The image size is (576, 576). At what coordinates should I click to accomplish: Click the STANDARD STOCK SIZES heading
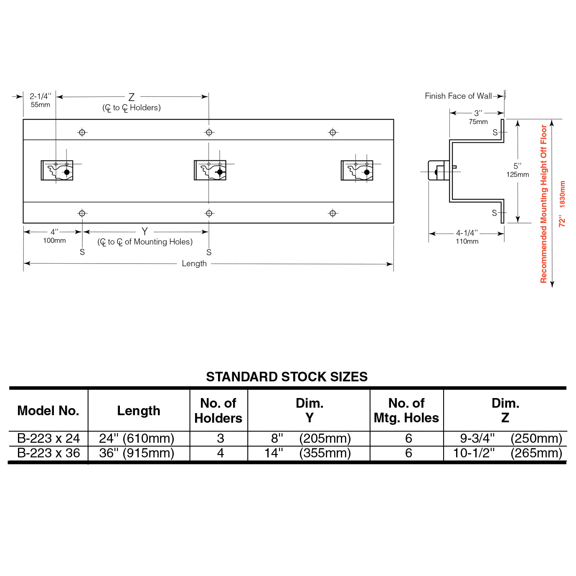tap(287, 377)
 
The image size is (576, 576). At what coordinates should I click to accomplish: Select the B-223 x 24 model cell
tap(48, 439)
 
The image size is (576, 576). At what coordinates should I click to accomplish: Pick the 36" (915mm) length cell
tap(137, 453)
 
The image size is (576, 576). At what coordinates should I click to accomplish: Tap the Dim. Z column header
tap(505, 410)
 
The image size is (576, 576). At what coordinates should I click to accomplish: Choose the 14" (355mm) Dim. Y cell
tap(308, 453)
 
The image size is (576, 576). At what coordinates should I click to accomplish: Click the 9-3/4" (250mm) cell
tap(510, 439)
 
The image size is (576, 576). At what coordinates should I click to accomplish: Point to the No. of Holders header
tap(218, 411)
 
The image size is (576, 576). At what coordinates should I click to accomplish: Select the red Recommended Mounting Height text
tap(543, 204)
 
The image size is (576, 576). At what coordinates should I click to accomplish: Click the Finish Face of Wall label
tap(458, 96)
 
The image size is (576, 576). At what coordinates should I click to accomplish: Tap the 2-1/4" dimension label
tap(41, 96)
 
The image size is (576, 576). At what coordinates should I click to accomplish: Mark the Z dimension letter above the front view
tap(132, 97)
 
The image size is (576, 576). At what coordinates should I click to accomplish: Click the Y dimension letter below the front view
tap(145, 231)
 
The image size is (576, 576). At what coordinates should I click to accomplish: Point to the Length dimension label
tap(194, 264)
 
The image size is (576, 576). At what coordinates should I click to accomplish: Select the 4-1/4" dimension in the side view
tap(467, 233)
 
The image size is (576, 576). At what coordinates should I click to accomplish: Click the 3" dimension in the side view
tap(478, 113)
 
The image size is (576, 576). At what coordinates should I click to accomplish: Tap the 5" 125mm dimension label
tap(518, 170)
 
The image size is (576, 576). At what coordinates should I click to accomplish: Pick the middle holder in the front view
tap(210, 170)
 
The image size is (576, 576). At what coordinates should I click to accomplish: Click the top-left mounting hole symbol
tap(82, 132)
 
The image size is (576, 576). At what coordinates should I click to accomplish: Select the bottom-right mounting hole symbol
tap(332, 213)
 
